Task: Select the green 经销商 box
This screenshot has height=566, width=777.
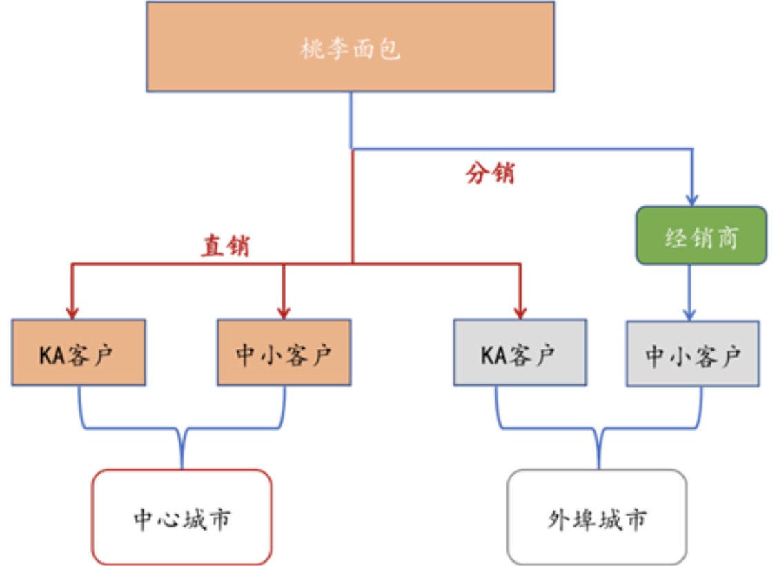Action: tap(701, 235)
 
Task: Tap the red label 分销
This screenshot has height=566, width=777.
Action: tap(490, 173)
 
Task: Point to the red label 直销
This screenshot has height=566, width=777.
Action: tap(226, 246)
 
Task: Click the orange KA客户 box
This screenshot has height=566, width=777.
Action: tap(78, 352)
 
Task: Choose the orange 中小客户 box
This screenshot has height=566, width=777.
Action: tap(284, 352)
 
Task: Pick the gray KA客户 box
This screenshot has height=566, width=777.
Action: tap(520, 353)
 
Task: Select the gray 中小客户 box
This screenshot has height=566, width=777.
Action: tap(693, 353)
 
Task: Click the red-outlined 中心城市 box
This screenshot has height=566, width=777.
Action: tap(181, 517)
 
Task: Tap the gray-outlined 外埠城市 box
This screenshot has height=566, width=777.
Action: tap(597, 518)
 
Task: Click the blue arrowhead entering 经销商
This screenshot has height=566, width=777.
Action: tap(691, 199)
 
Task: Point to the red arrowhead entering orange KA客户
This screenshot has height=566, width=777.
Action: tap(72, 311)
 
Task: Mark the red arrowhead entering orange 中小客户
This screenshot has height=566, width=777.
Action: tap(283, 311)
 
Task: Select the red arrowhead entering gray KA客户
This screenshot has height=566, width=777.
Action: tap(520, 311)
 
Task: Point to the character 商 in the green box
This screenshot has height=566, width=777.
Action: tap(727, 237)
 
